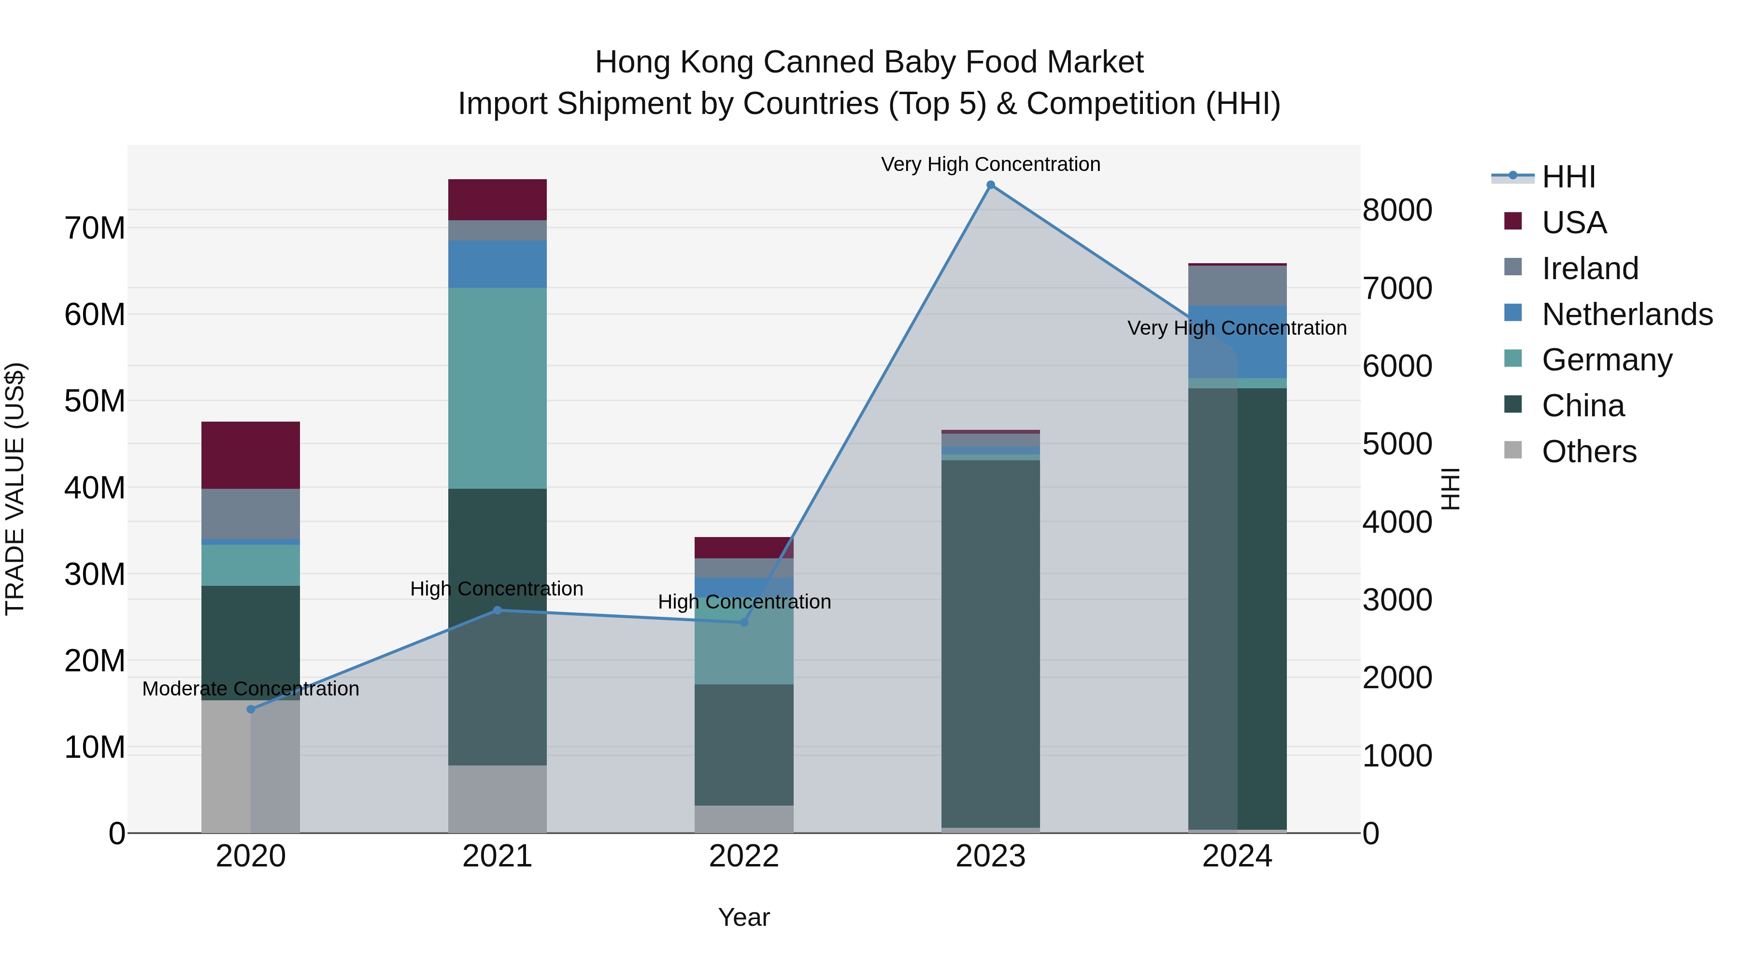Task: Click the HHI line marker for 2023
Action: [990, 185]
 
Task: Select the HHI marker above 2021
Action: [498, 610]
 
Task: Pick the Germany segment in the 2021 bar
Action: [498, 388]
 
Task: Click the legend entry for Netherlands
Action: [1627, 314]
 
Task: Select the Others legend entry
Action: [1588, 452]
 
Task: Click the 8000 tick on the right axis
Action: [1397, 210]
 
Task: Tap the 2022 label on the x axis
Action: [744, 856]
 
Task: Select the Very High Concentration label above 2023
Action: [990, 164]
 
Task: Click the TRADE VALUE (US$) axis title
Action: [15, 489]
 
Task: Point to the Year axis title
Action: [744, 917]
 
